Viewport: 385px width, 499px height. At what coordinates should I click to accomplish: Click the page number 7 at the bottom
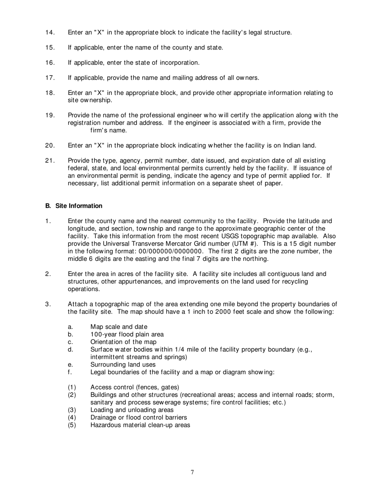192,472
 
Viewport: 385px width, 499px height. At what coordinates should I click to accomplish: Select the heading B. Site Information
74,206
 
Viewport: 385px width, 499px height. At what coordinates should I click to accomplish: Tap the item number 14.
50,32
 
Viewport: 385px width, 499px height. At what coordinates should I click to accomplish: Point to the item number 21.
50,161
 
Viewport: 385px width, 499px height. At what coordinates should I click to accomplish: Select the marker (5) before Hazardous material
72,425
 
